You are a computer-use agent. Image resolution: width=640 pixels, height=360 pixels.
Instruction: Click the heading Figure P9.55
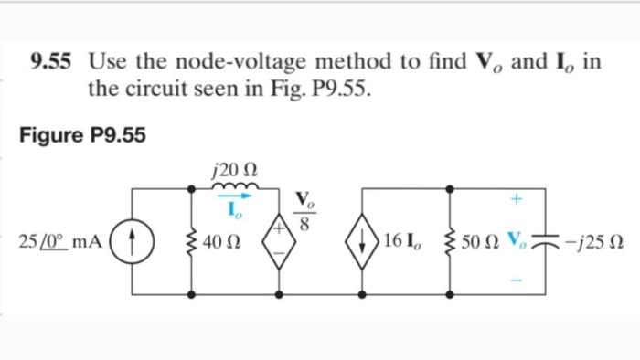pos(81,136)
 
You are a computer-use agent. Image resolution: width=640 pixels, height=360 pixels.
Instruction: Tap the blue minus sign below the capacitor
pos(517,281)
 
